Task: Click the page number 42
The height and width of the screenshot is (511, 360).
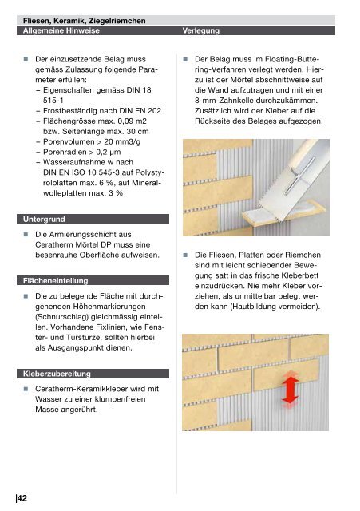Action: coord(22,498)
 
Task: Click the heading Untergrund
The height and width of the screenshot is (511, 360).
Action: coord(44,220)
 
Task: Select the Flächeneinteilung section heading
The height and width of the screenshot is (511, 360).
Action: coord(55,281)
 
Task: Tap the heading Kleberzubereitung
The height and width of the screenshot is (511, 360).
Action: coord(57,374)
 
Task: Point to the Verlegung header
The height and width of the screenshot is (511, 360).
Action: coord(200,30)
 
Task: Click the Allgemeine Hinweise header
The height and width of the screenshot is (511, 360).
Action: coord(61,30)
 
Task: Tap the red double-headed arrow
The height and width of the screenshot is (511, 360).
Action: coord(291,390)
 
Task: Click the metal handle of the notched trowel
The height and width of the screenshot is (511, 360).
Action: coord(299,176)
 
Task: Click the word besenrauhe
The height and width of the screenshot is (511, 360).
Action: coord(57,255)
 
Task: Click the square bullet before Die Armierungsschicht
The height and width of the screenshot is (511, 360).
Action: coord(26,235)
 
